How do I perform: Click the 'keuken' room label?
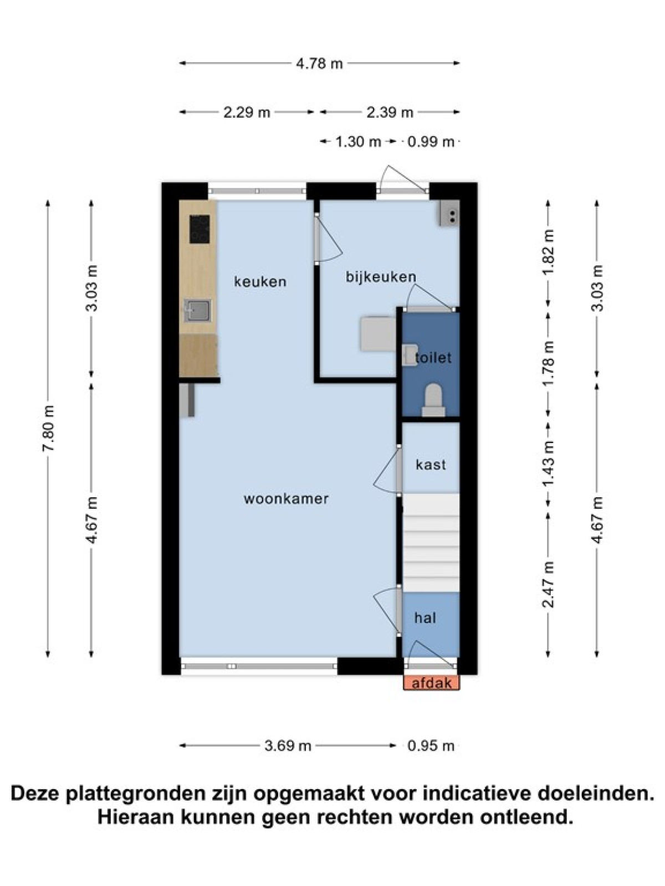[x=260, y=281]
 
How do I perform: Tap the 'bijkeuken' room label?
[x=381, y=277]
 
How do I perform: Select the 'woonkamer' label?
[x=287, y=499]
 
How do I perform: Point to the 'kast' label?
[x=431, y=465]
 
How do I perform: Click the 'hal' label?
[x=425, y=617]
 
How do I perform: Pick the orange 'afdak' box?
[x=432, y=683]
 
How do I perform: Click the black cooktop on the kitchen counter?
[x=200, y=229]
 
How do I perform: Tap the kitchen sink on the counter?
[x=197, y=311]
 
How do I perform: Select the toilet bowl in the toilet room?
[x=434, y=400]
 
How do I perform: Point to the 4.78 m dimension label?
[x=319, y=64]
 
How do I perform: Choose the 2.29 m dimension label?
[x=247, y=112]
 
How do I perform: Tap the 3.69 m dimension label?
[x=288, y=745]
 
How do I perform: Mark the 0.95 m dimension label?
[x=431, y=745]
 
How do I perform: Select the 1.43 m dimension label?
[x=549, y=465]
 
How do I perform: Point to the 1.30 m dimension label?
[x=358, y=142]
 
